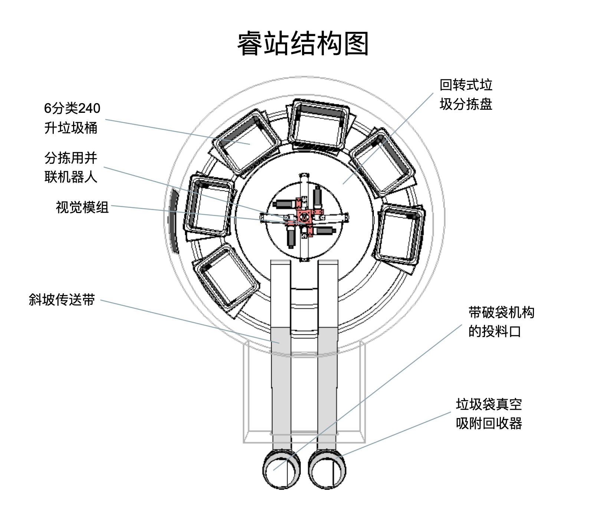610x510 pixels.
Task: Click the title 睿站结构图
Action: tap(303, 44)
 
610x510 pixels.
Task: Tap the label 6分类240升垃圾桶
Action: tap(72, 118)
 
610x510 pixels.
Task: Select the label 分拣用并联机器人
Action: tap(70, 167)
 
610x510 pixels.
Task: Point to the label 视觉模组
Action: tap(82, 207)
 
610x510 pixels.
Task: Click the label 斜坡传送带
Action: tap(62, 300)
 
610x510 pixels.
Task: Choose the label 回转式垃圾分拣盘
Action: tap(466, 95)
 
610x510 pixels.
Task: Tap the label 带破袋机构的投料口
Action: tap(501, 322)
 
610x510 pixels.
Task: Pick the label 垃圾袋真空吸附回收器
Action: tap(489, 413)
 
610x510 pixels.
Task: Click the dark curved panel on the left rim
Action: tap(173, 221)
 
